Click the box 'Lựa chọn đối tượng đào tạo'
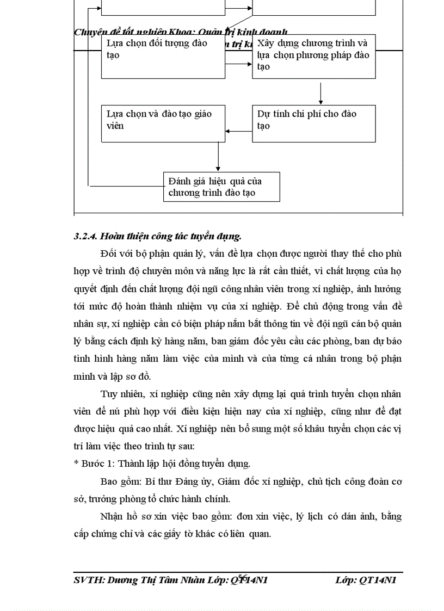coord(163,57)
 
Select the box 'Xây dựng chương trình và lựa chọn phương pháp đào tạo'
coord(313,57)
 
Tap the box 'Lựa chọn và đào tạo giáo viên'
coord(163,124)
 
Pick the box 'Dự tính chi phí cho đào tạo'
coord(313,124)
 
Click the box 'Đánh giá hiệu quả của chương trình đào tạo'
coord(221,187)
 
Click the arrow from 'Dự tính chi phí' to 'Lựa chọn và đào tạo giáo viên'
coord(239,131)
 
